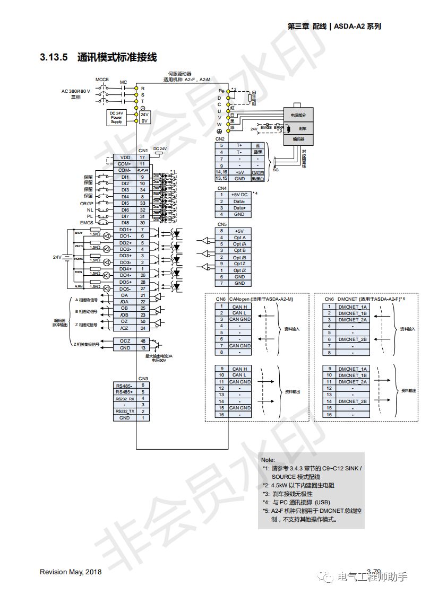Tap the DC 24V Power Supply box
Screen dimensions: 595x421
[x=116, y=117]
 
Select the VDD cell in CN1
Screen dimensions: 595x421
[x=125, y=157]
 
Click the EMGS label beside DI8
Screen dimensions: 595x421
[x=87, y=223]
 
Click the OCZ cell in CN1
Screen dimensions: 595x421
[x=125, y=341]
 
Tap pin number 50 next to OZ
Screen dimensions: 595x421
[x=143, y=321]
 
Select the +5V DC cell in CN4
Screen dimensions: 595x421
[x=239, y=195]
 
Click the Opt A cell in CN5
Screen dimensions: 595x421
[x=239, y=238]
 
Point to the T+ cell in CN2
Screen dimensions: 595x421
[x=239, y=145]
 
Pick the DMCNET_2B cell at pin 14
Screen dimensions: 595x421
[x=353, y=401]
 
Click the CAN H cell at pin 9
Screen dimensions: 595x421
[x=239, y=369]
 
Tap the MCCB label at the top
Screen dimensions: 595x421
[x=102, y=80]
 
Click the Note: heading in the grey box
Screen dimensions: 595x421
[x=269, y=460]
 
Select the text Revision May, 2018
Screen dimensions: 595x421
[x=71, y=572]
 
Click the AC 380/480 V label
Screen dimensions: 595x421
[x=76, y=91]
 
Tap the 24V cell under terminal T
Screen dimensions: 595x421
[x=144, y=114]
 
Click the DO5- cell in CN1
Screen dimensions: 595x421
[x=125, y=288]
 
